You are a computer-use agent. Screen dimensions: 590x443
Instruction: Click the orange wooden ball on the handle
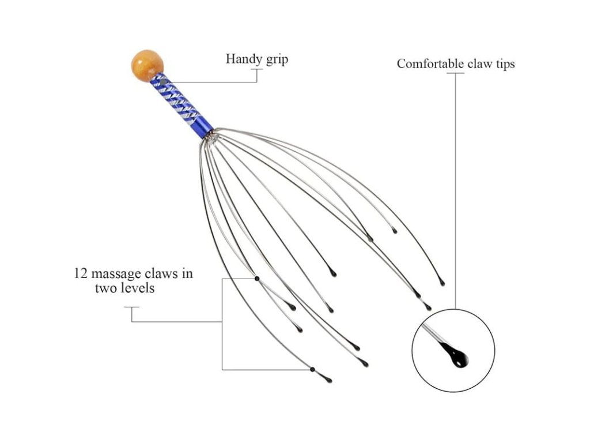pyautogui.click(x=147, y=66)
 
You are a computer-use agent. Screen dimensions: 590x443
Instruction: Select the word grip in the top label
pyautogui.click(x=277, y=60)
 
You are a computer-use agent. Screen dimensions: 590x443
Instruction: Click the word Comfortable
pyautogui.click(x=430, y=63)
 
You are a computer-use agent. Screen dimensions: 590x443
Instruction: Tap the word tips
pyautogui.click(x=505, y=65)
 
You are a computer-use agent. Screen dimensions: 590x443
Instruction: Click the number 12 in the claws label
pyautogui.click(x=81, y=273)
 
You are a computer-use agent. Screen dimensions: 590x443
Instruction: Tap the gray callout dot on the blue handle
pyautogui.click(x=162, y=82)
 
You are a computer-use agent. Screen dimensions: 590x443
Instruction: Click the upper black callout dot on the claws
pyautogui.click(x=257, y=279)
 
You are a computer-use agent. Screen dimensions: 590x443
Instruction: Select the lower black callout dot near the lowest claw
pyautogui.click(x=312, y=370)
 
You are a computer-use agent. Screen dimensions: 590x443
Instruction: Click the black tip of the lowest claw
pyautogui.click(x=328, y=380)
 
